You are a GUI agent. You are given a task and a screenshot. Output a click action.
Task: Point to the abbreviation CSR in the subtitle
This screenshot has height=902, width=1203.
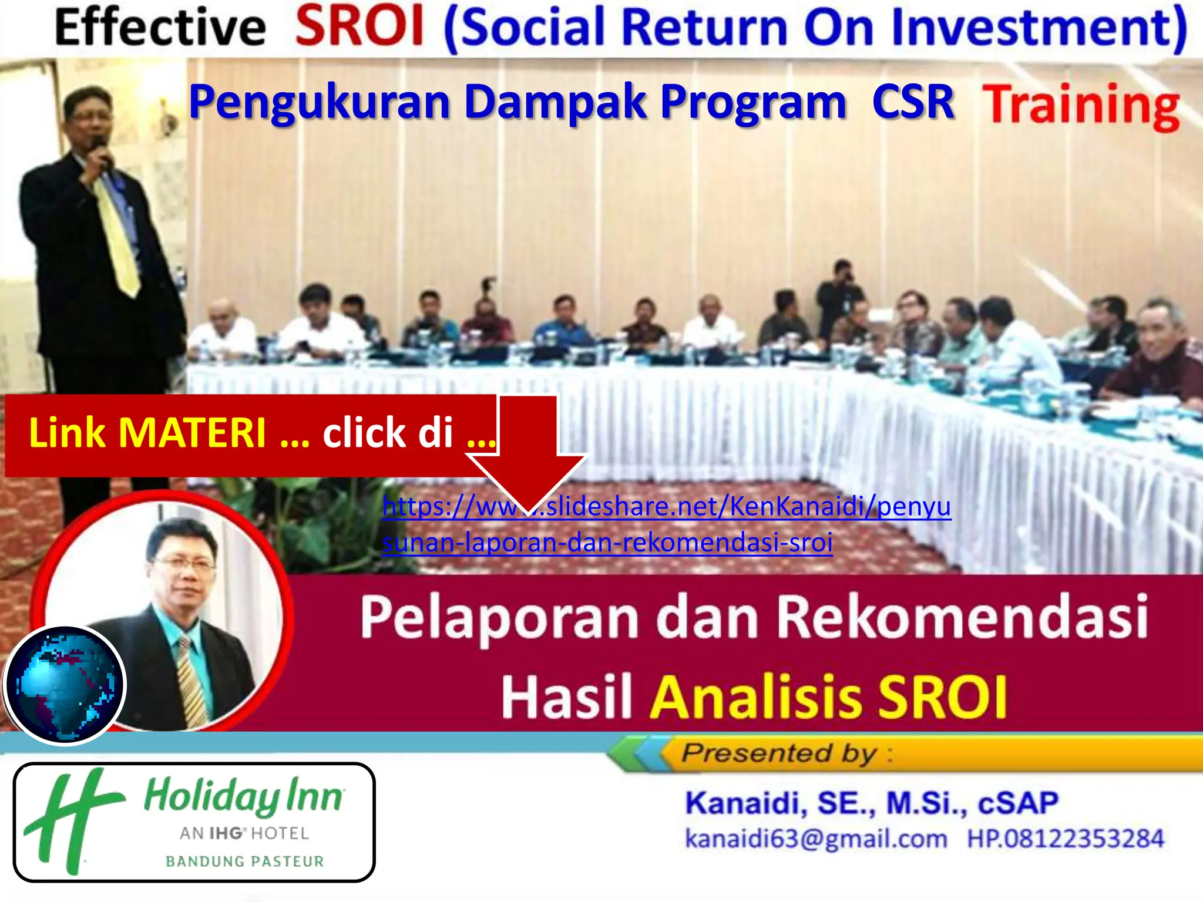click(x=913, y=102)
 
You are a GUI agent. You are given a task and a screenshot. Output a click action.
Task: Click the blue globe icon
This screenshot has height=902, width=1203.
click(x=65, y=685)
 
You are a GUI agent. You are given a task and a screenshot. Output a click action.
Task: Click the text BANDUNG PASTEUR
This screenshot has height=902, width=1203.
click(x=244, y=861)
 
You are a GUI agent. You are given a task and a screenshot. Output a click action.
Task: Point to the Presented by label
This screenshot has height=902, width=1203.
click(x=781, y=753)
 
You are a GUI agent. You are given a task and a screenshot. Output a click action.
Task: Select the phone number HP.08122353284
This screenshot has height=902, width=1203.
click(x=1065, y=839)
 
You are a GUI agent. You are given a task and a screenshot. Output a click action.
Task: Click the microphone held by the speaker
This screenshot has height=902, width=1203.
click(x=101, y=150)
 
